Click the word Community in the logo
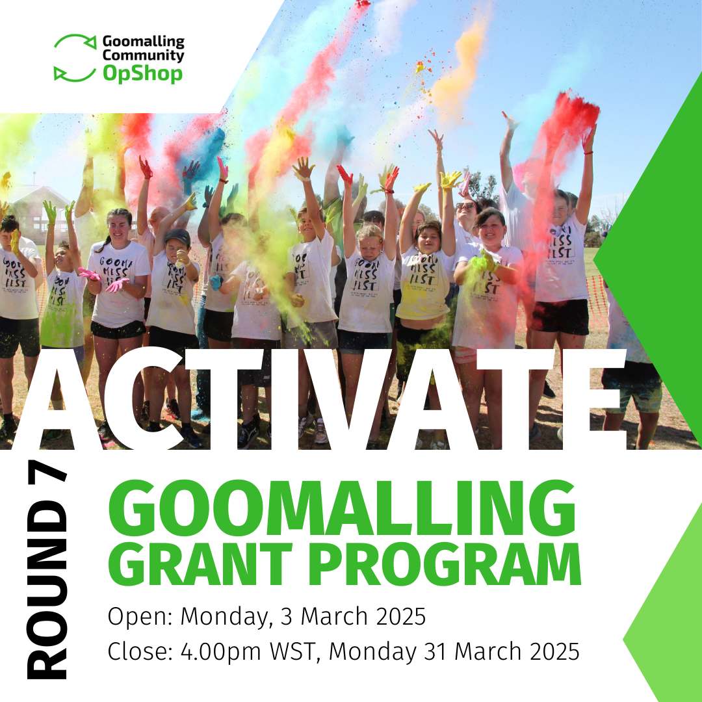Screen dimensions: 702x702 pyautogui.click(x=143, y=56)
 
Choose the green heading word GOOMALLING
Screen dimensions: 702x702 pyautogui.click(x=342, y=510)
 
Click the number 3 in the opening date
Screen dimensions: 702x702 pyautogui.click(x=288, y=616)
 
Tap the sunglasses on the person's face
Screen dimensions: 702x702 pyautogui.click(x=465, y=206)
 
